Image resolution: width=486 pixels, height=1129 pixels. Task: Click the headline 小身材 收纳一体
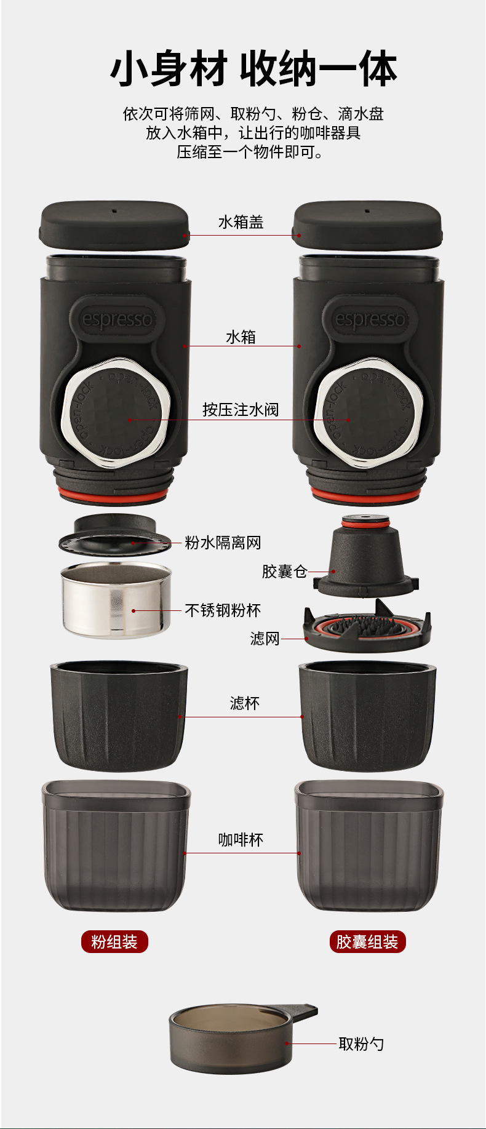pos(253,70)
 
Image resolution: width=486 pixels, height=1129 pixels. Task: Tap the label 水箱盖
pos(241,222)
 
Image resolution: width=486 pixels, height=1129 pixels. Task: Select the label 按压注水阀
pos(241,409)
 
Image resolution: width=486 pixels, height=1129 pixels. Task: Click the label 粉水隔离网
pos(223,543)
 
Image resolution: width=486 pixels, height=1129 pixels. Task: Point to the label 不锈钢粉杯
pos(223,610)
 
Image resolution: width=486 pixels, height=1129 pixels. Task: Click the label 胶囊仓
pos(284,572)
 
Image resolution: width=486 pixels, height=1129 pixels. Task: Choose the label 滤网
pos(265,639)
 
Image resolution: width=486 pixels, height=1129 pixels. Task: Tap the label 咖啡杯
pos(241,840)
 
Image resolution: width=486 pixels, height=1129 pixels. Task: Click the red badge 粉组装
pos(114,941)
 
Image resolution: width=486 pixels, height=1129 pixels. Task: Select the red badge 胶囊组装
pos(367,941)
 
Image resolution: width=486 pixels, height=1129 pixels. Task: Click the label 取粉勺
pos(361,1043)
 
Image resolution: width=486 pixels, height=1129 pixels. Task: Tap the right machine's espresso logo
pos(369,319)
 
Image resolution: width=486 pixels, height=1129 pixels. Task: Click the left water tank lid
pos(114,225)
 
